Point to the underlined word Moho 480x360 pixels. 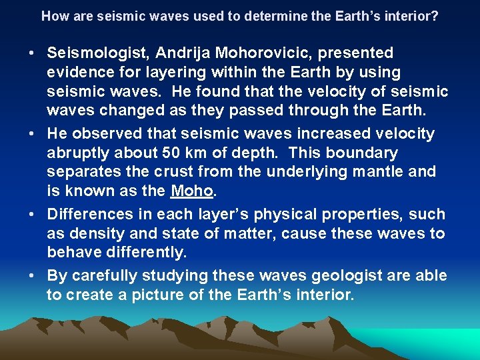click(192, 191)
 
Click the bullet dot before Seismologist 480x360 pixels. click(33, 53)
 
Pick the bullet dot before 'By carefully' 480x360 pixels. click(33, 276)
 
